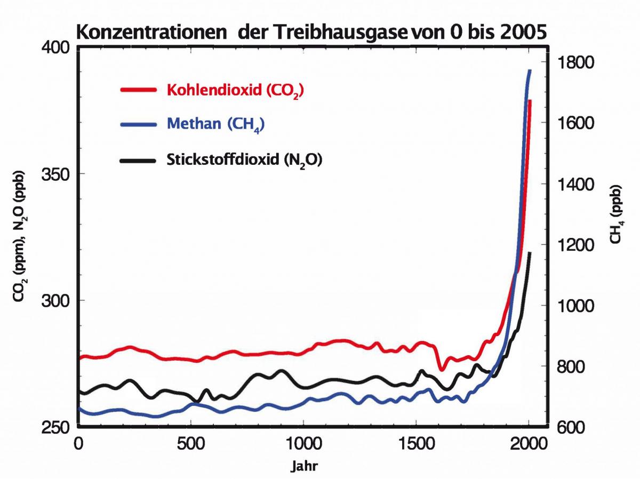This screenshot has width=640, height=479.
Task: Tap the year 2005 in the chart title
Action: pyautogui.click(x=516, y=33)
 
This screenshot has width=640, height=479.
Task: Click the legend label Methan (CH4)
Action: pyautogui.click(x=216, y=124)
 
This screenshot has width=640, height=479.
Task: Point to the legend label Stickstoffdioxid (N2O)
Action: pyautogui.click(x=245, y=159)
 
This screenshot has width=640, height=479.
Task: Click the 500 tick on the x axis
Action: pyautogui.click(x=191, y=444)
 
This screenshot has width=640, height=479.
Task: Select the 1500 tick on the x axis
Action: pyautogui.click(x=416, y=444)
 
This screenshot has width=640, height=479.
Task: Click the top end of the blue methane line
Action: pyautogui.click(x=530, y=71)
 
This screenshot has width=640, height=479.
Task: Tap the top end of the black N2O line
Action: pyautogui.click(x=530, y=253)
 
